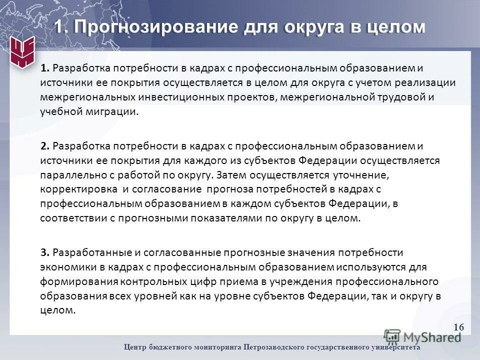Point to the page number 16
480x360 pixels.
point(459,327)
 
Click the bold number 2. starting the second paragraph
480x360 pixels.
point(44,146)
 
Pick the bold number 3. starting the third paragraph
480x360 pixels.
point(44,251)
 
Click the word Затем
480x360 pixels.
point(232,175)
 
